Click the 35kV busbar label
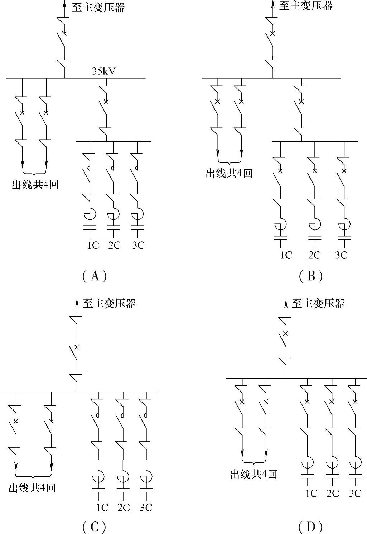tap(104, 71)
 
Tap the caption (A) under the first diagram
tap(95, 276)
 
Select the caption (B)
tap(310, 276)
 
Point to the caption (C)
tap(95, 527)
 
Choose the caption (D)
tap(310, 527)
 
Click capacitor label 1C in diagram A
tap(93, 245)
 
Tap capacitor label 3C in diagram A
tap(138, 245)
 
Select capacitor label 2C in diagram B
tap(315, 255)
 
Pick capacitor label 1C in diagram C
tap(102, 507)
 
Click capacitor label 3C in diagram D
tap(355, 493)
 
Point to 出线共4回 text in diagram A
tap(35, 185)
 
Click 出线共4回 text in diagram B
tap(229, 173)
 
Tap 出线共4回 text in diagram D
tap(253, 475)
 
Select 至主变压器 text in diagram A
tap(98, 8)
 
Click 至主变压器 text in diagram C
tap(110, 304)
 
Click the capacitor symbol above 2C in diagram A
tap(114, 227)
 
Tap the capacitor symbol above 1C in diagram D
tap(307, 476)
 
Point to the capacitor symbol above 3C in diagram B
tap(344, 237)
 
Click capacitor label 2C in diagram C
tap(124, 507)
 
